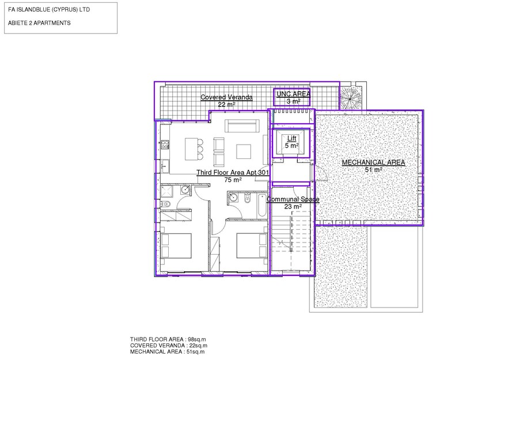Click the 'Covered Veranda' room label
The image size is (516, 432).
tap(226, 97)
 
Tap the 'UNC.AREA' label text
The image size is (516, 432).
tap(293, 94)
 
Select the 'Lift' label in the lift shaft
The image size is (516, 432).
tap(291, 138)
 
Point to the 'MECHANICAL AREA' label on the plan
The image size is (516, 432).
tap(374, 162)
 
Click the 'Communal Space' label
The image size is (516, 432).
tap(293, 199)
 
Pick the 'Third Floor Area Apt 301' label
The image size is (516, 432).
tap(233, 173)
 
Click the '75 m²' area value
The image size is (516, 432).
tap(233, 180)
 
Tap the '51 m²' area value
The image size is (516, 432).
tap(374, 169)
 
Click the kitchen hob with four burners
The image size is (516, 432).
tap(165, 144)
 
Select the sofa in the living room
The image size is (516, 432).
tap(241, 126)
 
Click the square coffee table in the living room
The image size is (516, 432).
tap(244, 151)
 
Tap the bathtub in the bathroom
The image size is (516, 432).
tap(262, 206)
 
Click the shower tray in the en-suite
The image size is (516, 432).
tap(166, 192)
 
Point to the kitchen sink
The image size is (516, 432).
tap(165, 166)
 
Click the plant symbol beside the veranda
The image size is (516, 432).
tap(351, 98)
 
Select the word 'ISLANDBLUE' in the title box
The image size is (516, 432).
tap(31, 10)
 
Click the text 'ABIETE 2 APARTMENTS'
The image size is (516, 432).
tap(39, 23)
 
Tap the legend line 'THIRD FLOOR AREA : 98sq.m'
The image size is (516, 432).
tap(168, 339)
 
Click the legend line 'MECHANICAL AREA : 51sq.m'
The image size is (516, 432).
tap(167, 352)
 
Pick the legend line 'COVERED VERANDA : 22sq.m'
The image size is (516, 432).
tap(169, 346)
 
